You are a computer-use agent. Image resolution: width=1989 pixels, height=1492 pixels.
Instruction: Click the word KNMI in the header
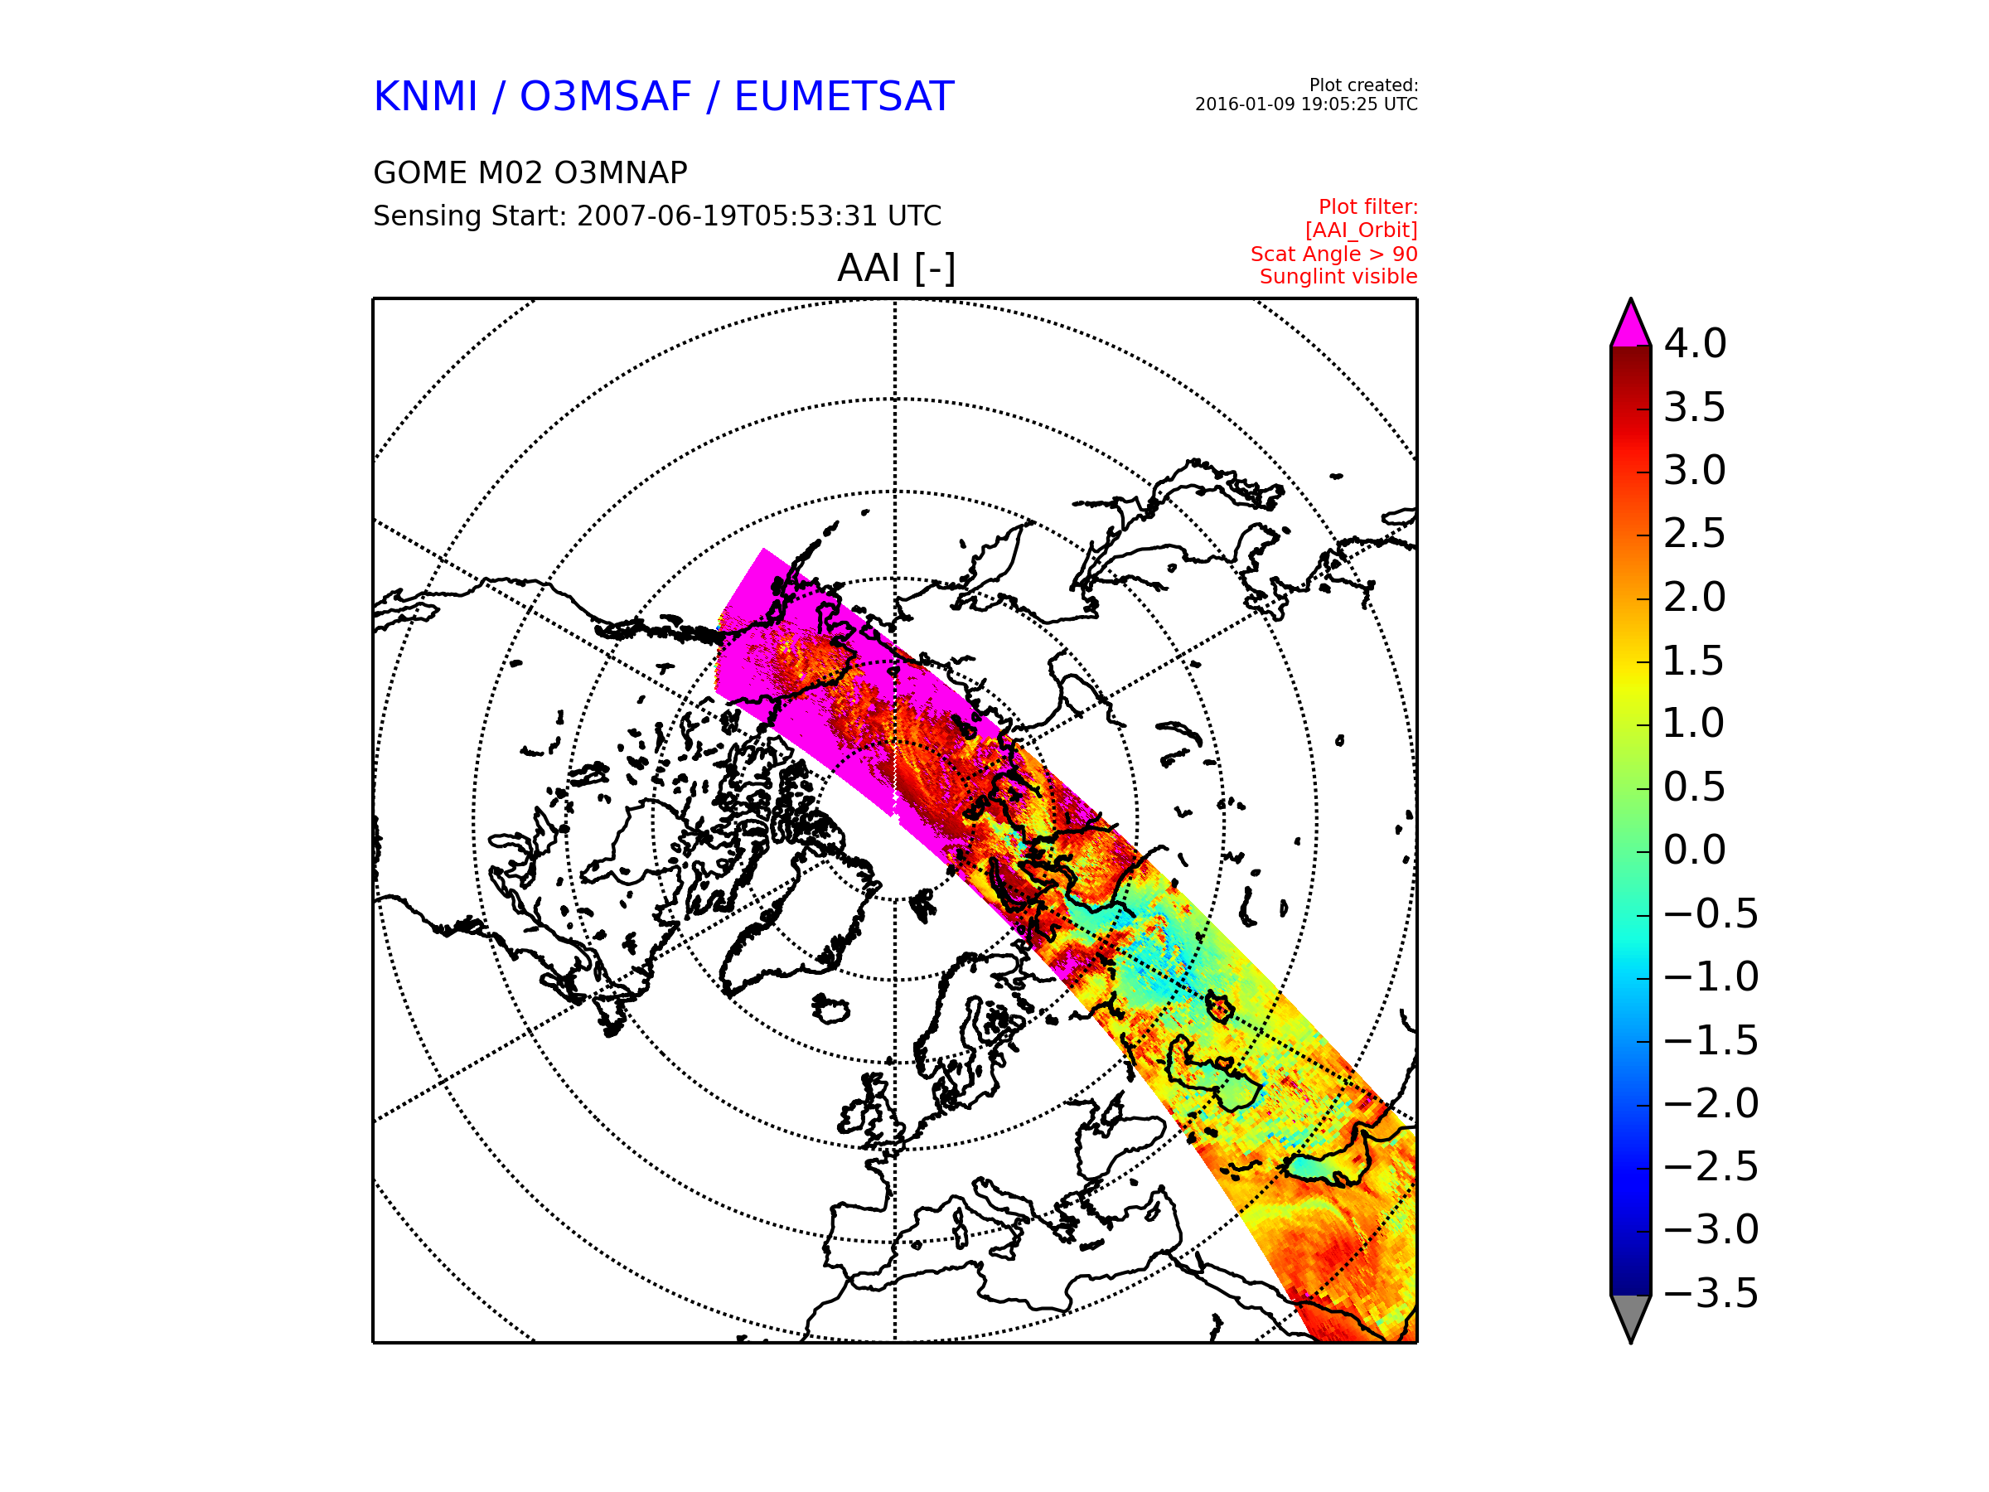[425, 96]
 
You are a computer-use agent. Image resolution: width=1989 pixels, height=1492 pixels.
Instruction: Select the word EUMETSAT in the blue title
[844, 96]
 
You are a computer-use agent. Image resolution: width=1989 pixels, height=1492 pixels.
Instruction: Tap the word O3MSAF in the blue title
[605, 96]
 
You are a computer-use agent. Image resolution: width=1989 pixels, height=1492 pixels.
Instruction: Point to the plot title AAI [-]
[896, 268]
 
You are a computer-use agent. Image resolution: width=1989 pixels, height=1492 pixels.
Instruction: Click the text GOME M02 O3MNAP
[530, 172]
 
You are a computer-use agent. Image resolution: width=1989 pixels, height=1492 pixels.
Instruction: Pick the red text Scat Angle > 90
[1333, 254]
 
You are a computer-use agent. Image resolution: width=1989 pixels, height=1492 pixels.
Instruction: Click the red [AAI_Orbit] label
[1362, 231]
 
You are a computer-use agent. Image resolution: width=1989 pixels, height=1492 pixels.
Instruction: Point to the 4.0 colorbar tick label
[1695, 343]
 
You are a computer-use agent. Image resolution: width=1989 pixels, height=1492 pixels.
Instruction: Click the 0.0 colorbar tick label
[1695, 850]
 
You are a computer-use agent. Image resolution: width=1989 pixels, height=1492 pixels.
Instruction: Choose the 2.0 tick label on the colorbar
[1695, 597]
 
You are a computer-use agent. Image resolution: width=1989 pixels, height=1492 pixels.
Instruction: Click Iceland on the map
[830, 1009]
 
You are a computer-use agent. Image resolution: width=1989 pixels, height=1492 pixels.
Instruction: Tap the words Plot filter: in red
[1367, 208]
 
